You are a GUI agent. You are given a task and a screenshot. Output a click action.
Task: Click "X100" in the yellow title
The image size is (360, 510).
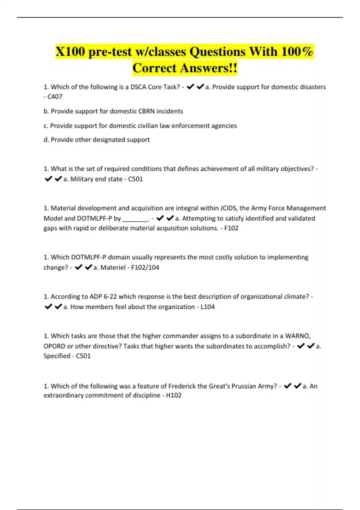point(70,52)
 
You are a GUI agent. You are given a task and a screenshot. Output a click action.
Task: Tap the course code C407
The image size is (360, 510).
point(55,97)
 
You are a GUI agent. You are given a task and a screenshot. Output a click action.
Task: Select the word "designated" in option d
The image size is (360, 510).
point(109,140)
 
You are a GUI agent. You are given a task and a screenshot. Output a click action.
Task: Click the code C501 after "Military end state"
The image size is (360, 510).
point(135,179)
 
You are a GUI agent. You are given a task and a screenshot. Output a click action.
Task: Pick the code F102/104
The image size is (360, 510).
point(145,268)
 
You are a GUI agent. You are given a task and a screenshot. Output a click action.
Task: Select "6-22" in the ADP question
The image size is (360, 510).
point(110,297)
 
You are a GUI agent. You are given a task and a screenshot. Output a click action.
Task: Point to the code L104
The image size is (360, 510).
point(208,307)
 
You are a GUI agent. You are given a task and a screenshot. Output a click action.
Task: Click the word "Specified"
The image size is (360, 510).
point(57,356)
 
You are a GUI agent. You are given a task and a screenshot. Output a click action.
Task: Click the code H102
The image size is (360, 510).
point(174,395)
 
